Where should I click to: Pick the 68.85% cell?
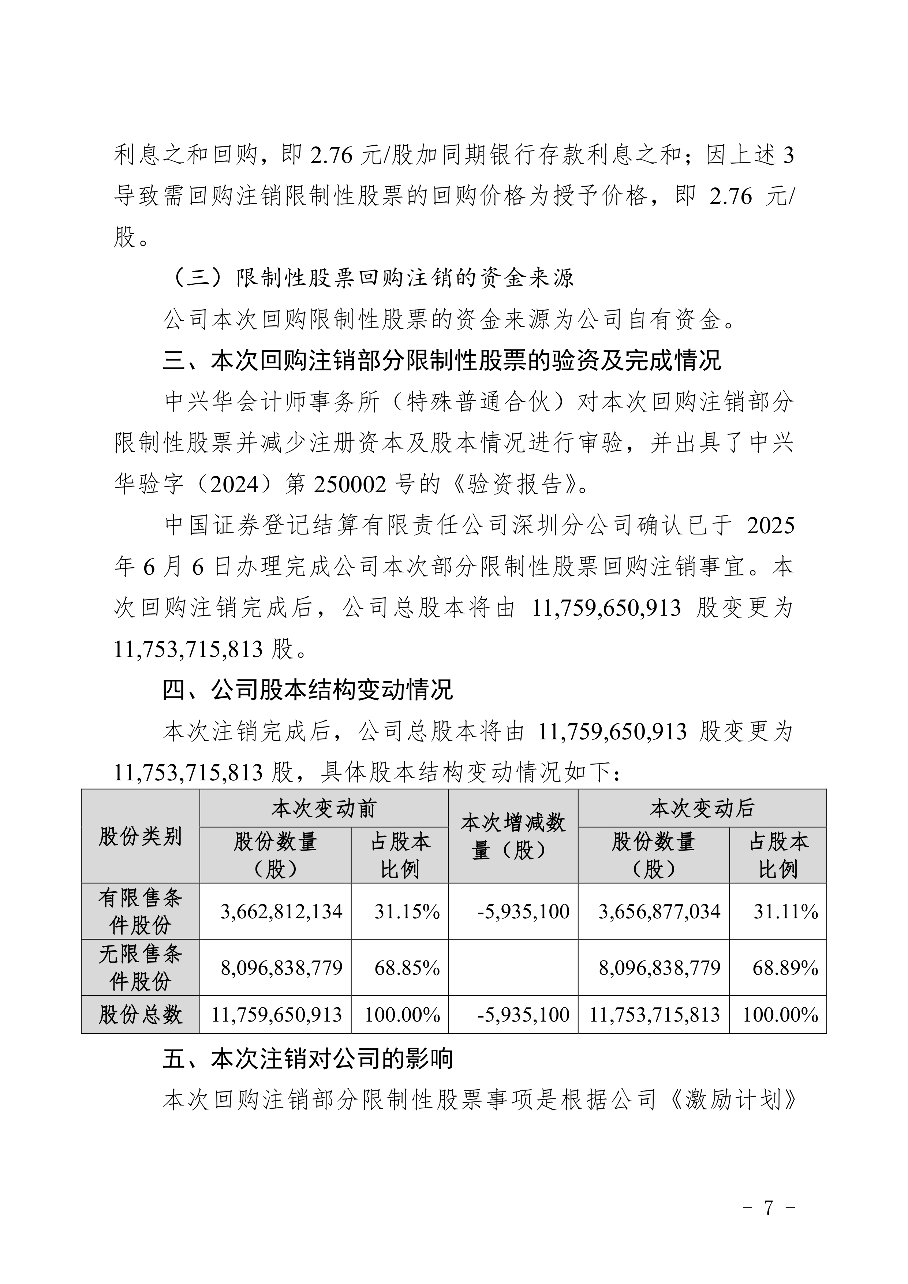[x=407, y=968]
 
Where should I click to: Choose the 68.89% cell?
[x=785, y=968]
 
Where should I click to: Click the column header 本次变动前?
[x=324, y=809]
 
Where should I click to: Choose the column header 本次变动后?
[x=702, y=809]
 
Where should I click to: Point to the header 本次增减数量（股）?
[x=513, y=837]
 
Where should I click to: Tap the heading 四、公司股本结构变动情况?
[x=307, y=690]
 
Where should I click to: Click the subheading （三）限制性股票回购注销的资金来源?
[x=372, y=278]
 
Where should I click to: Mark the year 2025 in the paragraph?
[x=770, y=526]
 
